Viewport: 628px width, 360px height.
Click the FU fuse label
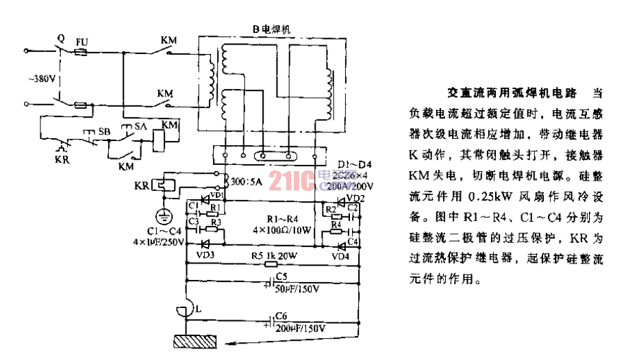pos(81,41)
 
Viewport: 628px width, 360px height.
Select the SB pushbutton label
pos(104,130)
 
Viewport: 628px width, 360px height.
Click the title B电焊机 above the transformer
pos(271,29)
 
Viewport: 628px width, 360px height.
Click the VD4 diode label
pos(340,255)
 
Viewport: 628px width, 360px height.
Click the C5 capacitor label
pos(280,278)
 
